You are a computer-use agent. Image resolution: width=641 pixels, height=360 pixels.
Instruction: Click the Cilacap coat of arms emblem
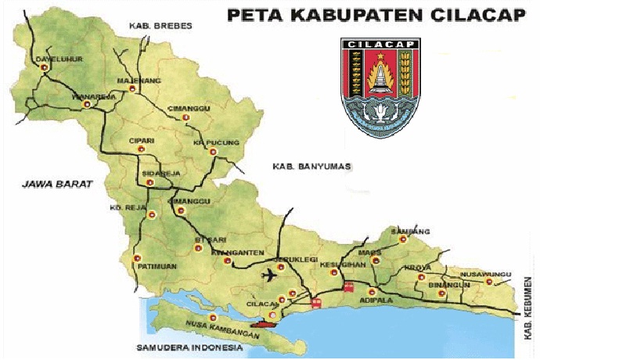pyautogui.click(x=380, y=88)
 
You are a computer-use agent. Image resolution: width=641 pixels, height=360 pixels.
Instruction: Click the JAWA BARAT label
pyautogui.click(x=57, y=185)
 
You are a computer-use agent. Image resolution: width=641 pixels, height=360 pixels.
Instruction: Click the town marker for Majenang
pyautogui.click(x=131, y=89)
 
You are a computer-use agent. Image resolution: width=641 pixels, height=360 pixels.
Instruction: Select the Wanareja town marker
pyautogui.click(x=89, y=105)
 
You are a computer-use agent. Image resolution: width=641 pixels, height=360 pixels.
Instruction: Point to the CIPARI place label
pyautogui.click(x=142, y=140)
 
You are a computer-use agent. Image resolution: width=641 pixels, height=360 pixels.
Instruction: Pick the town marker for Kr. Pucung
pyautogui.click(x=212, y=153)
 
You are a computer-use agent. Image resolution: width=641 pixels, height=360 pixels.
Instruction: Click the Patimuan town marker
pyautogui.click(x=137, y=257)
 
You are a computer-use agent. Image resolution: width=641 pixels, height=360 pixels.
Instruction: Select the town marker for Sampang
pyautogui.click(x=404, y=239)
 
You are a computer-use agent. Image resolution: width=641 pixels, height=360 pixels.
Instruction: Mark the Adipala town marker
pyautogui.click(x=372, y=291)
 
